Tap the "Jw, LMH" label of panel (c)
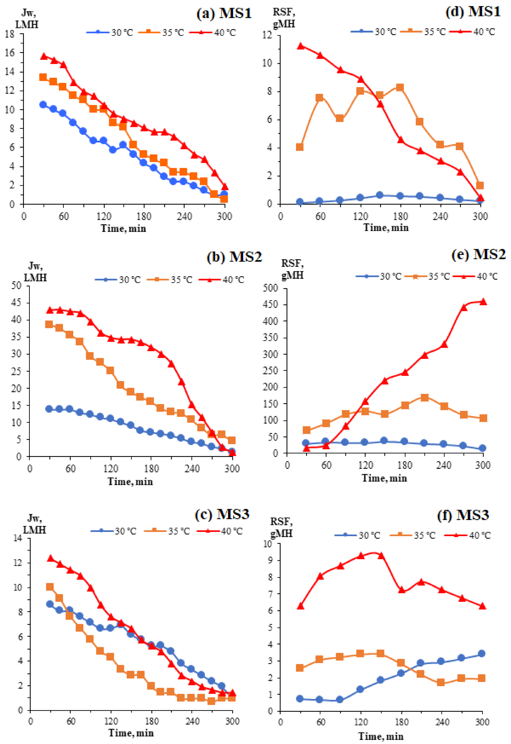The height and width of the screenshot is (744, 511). tap(35, 524)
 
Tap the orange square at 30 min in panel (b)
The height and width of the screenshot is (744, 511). tap(49, 324)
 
